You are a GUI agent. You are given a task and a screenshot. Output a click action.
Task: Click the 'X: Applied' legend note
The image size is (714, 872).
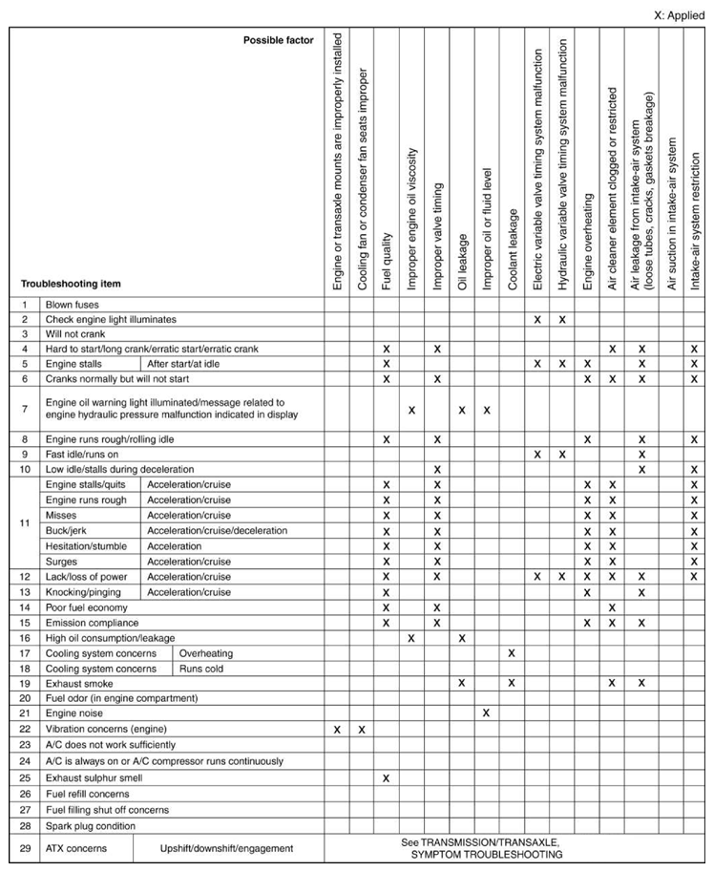pos(679,16)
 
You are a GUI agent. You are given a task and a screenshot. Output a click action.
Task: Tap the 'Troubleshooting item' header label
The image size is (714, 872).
pos(71,284)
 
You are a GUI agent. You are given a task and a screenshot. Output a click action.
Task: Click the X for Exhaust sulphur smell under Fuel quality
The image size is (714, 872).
pos(387,777)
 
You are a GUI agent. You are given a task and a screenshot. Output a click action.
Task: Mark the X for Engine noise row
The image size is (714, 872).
pos(487,713)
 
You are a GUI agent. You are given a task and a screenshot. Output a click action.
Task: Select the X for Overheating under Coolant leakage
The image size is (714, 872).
pos(512,652)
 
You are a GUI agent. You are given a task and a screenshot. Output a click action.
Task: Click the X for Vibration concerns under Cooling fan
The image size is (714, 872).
pos(362,730)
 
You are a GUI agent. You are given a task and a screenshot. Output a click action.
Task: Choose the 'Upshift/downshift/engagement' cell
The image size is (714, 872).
pos(226,847)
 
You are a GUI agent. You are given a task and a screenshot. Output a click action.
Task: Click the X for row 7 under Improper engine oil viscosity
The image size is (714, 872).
pos(411,410)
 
